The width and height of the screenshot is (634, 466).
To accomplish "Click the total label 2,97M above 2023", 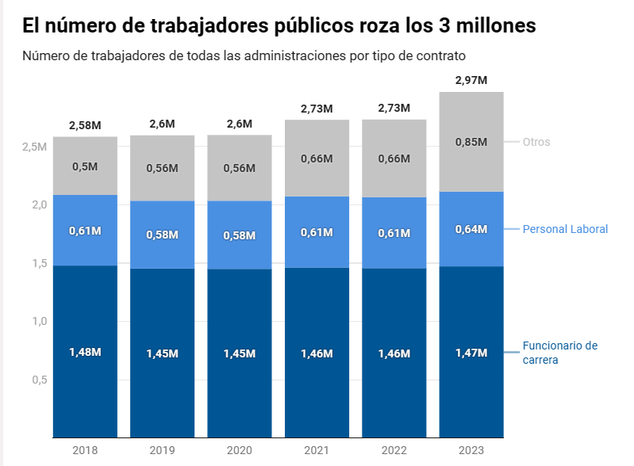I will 471,80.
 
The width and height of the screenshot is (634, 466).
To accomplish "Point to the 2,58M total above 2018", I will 85,125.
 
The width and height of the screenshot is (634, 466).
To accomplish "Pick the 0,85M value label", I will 471,143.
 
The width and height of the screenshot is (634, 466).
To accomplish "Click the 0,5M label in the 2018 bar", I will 85,166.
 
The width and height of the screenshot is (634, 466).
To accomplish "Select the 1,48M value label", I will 85,352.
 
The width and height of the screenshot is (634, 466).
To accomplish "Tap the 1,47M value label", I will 471,353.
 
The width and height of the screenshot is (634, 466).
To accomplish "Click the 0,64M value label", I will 471,230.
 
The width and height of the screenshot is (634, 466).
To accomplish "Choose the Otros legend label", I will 536,142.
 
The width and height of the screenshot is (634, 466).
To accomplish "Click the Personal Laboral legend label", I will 565,229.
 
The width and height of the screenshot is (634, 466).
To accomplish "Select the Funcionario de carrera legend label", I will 559,353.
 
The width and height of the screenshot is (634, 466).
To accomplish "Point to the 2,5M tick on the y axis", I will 34,147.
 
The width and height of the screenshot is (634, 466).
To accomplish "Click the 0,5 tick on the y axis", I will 38,380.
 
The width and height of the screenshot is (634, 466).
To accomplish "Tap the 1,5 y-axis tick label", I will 38,264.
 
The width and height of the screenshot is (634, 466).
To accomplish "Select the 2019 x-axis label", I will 163,450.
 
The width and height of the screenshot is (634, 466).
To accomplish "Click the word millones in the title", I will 494,25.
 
